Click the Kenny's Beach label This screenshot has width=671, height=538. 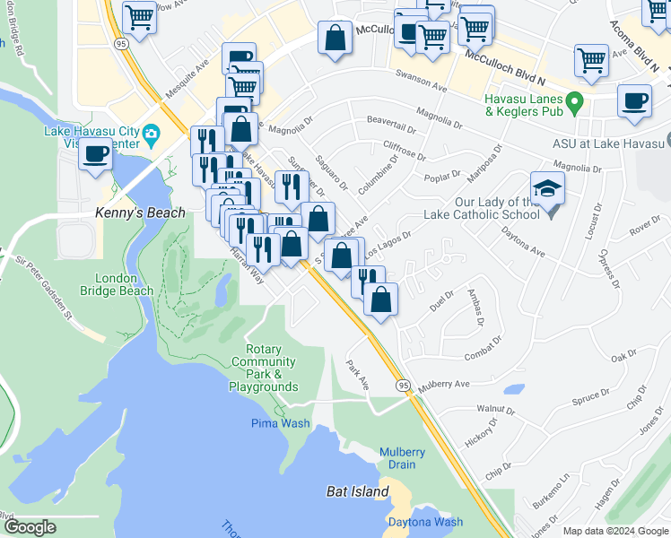point(140,213)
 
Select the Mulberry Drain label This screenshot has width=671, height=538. point(402,458)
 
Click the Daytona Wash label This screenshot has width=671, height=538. point(425,522)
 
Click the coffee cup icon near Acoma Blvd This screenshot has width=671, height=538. point(634,100)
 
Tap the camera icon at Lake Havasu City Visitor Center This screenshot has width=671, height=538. point(151,134)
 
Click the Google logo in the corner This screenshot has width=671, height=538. point(30,527)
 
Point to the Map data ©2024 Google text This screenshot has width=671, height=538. point(615,531)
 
